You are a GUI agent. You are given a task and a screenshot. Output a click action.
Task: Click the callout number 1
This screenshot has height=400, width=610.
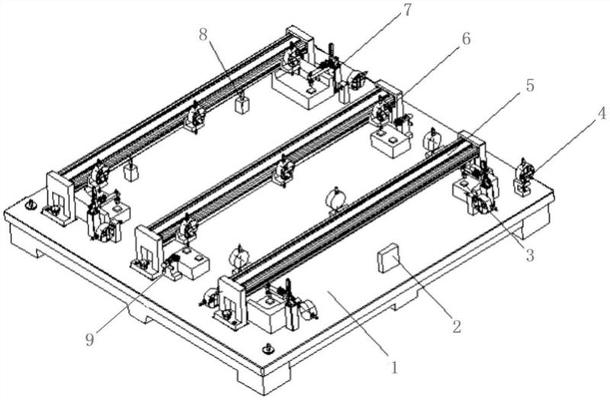[x=393, y=368]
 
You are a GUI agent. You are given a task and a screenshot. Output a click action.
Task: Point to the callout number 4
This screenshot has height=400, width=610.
[x=602, y=115]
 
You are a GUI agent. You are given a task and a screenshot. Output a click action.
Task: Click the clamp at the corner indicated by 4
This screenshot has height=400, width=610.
[x=525, y=175]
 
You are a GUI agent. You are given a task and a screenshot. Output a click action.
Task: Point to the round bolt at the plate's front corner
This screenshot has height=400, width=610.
[x=266, y=348]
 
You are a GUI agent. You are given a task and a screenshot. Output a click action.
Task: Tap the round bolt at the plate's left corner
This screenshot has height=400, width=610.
[x=30, y=206]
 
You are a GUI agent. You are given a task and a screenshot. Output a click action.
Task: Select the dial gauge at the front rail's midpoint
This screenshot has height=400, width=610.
[x=335, y=198]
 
